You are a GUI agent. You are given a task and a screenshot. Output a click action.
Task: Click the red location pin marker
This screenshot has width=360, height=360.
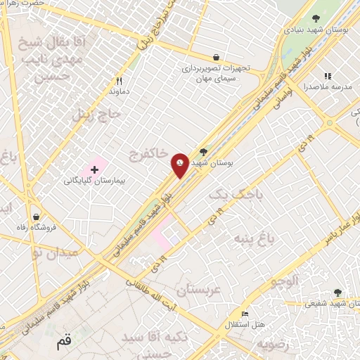180,165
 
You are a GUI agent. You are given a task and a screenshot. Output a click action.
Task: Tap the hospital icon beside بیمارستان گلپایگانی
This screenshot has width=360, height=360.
94,169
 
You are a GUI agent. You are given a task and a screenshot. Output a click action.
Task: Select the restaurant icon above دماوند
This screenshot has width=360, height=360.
119,81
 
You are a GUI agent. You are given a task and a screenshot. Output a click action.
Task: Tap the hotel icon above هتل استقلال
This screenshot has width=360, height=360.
245,314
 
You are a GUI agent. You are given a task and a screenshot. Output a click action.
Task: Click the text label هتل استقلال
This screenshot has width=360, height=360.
243,324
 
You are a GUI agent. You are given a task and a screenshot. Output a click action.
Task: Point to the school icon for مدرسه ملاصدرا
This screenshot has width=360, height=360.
327,76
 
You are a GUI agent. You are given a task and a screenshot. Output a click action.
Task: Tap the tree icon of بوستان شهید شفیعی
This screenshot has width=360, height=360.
337,292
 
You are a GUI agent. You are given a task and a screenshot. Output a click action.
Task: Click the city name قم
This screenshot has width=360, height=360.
63,344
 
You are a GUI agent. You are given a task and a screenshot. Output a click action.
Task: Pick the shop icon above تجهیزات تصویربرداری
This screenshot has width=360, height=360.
216,57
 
